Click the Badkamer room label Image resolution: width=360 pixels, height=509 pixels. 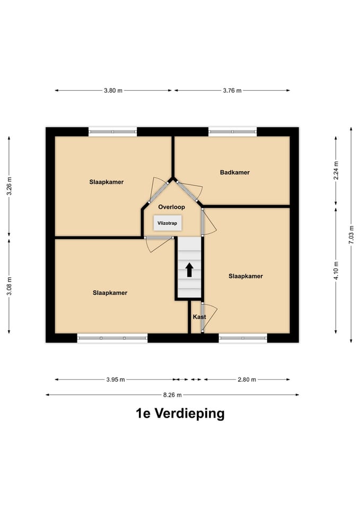[234, 172]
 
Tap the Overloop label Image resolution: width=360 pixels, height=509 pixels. [171, 207]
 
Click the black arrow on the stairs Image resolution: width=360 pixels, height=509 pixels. [189, 269]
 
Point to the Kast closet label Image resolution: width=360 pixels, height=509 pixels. [199, 317]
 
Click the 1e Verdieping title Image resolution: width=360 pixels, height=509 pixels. [180, 414]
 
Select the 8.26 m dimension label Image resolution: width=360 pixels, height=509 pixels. [172, 395]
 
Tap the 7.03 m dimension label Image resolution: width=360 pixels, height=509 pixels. [351, 234]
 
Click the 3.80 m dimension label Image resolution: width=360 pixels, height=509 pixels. [113, 91]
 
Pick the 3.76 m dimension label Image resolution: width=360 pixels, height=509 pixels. [232, 91]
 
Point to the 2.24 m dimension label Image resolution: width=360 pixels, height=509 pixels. [336, 171]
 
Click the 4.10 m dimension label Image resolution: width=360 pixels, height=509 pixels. [336, 270]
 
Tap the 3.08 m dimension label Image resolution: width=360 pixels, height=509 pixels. [8, 286]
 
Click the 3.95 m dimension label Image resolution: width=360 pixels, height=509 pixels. [115, 380]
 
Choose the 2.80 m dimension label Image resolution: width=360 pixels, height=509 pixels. [247, 380]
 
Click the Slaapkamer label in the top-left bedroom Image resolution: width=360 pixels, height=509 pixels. [107, 182]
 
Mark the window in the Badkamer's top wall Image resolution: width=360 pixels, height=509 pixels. [232, 131]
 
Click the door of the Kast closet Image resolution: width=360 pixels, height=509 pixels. [209, 317]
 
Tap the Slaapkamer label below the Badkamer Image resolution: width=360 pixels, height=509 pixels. [245, 276]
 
